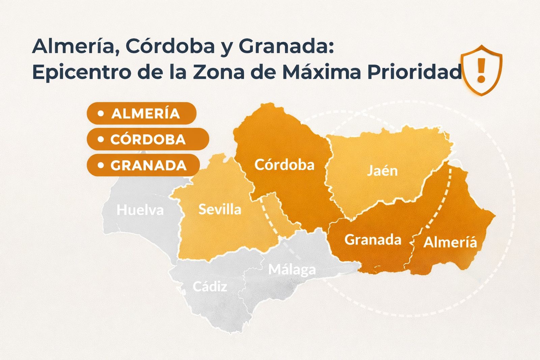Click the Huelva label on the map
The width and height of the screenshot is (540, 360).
(140, 210)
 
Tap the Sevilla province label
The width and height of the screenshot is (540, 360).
(220, 210)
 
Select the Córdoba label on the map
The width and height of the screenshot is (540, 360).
(284, 165)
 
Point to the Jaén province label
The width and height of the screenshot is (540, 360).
(382, 171)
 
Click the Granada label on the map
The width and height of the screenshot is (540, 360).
(373, 240)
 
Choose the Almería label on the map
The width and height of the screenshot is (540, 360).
(450, 242)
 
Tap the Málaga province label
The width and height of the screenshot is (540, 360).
(292, 270)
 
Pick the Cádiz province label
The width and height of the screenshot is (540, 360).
(210, 286)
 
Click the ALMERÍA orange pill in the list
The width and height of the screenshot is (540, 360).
(141, 113)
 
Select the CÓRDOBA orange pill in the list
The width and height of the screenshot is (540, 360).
(148, 139)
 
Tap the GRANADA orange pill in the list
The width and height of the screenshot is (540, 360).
(143, 165)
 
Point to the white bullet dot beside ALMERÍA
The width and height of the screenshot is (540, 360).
(101, 113)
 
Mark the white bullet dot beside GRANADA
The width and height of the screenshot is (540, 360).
(101, 165)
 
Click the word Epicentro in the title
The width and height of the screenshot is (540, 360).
(81, 72)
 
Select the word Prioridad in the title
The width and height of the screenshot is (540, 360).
(414, 72)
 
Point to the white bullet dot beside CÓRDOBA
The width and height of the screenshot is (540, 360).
(101, 139)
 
